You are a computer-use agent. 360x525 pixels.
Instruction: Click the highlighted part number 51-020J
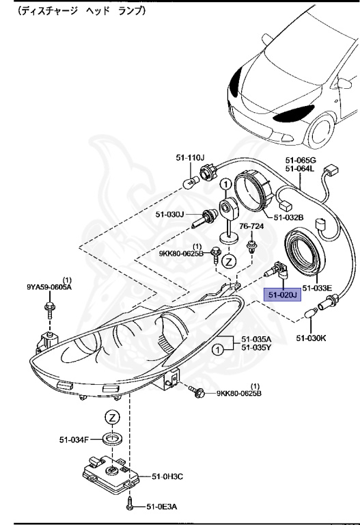[x=282, y=295]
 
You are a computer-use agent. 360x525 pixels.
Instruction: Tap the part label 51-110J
[x=190, y=157]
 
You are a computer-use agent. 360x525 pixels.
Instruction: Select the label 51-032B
[x=289, y=217]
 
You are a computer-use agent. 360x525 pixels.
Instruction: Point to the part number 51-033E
[x=317, y=288]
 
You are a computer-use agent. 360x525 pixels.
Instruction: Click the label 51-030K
[x=311, y=338]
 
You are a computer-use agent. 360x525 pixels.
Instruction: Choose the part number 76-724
[x=251, y=226]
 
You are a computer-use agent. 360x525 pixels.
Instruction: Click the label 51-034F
[x=74, y=440]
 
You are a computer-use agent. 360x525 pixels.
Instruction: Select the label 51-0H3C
[x=167, y=476]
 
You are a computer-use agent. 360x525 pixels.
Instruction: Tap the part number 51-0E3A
[x=162, y=507]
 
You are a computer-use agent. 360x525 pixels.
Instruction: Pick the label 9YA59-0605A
[x=49, y=287]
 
